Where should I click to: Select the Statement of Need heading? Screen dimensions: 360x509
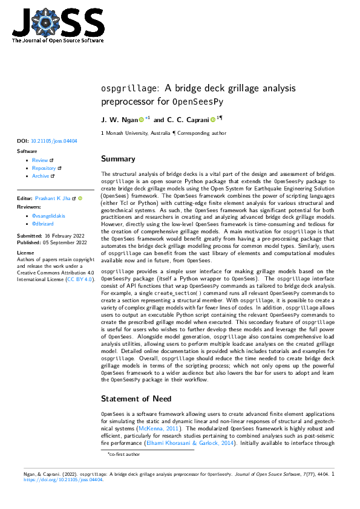(136, 398)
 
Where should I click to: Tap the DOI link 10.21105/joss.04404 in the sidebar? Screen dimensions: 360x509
(54, 141)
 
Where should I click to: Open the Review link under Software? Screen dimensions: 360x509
(40, 160)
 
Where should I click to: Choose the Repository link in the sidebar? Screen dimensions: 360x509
(44, 168)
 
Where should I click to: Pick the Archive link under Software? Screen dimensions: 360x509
(41, 176)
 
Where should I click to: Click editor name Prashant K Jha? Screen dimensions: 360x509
(54, 198)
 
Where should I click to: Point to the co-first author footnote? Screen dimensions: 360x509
(125, 453)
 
